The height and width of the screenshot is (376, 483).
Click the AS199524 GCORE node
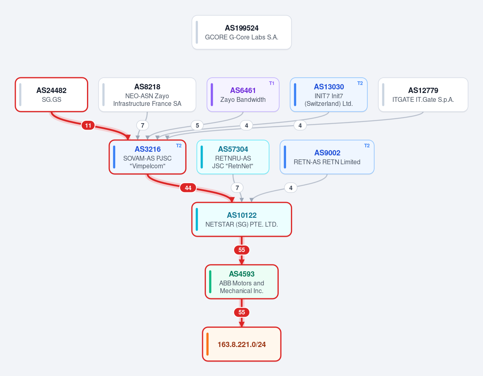coord(242,32)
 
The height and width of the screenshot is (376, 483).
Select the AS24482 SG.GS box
coord(52,95)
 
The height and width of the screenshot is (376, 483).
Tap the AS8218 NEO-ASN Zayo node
coord(147,95)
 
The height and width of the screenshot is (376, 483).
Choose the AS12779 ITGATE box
coord(423,95)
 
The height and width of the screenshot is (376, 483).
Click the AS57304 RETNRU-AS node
coord(233,157)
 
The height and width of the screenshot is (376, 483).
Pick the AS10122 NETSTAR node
coord(242,219)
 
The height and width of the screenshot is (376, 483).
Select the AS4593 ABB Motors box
coord(242,282)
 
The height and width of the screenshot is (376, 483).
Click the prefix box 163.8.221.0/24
coord(242,344)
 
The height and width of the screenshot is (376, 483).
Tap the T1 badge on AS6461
coord(272,83)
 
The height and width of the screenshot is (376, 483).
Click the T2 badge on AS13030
coord(360,83)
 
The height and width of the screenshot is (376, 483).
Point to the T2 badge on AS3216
coord(179,146)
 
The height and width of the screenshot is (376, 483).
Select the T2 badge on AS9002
coord(367,146)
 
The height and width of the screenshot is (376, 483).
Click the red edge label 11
coord(88,125)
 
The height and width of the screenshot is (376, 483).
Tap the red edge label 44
coord(188,188)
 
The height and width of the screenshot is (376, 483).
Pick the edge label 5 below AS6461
coord(197,125)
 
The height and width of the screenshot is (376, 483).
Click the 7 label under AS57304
coord(237,188)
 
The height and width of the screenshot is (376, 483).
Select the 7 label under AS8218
coord(142,125)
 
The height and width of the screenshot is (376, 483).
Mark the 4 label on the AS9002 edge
coord(290,188)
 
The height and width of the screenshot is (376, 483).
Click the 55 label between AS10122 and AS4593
coord(242,250)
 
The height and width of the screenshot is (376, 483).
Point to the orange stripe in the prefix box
coord(207,344)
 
